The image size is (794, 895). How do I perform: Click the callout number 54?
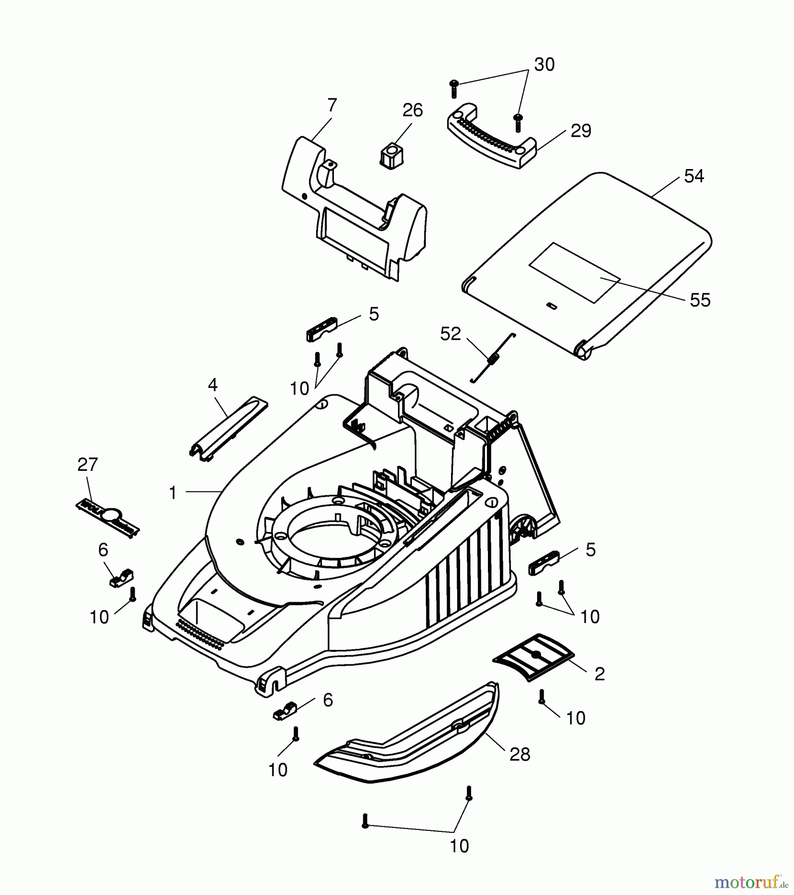(694, 176)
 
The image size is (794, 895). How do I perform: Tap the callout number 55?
(700, 300)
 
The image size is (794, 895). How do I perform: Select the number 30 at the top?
(544, 65)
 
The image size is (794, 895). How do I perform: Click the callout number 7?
(332, 105)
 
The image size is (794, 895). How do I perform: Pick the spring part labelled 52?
(493, 358)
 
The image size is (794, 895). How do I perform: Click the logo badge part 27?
(107, 518)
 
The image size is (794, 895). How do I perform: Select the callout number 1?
(172, 493)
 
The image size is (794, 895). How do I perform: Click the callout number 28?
(520, 755)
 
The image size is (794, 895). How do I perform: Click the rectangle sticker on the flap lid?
(574, 273)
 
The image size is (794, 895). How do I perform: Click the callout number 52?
(451, 334)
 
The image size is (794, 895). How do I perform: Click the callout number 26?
(412, 110)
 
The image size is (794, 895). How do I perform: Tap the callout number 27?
(87, 464)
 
